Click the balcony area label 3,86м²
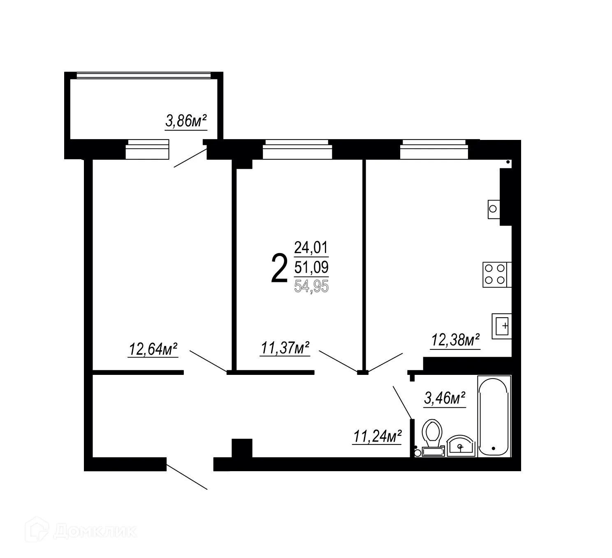pyautogui.click(x=185, y=121)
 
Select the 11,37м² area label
pyautogui.click(x=285, y=348)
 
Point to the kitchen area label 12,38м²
pyautogui.click(x=455, y=340)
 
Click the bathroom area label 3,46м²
pyautogui.click(x=445, y=398)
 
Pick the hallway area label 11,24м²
pyautogui.click(x=377, y=436)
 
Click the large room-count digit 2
pyautogui.click(x=279, y=269)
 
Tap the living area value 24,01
pyautogui.click(x=311, y=248)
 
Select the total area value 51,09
pyautogui.click(x=311, y=267)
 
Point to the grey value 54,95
pyautogui.click(x=311, y=286)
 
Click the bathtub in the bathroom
pyautogui.click(x=494, y=416)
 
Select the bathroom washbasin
pyautogui.click(x=460, y=446)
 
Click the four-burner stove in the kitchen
pyautogui.click(x=496, y=274)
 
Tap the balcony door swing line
pyautogui.click(x=190, y=158)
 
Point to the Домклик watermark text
pyautogui.click(x=95, y=531)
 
